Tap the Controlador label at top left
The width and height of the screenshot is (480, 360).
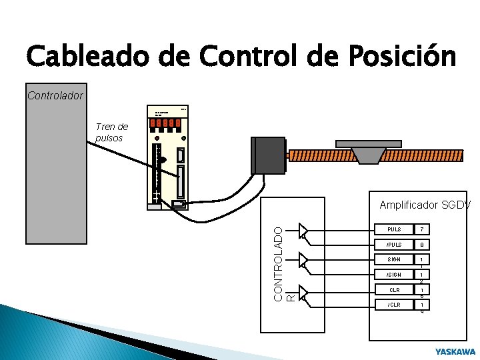click(55, 95)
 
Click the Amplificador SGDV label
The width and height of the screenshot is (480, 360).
click(425, 205)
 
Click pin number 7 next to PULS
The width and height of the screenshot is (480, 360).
click(421, 230)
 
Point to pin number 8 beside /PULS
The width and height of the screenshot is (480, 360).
click(421, 245)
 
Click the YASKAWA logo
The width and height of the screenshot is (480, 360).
click(455, 351)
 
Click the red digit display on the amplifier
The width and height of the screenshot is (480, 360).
click(167, 123)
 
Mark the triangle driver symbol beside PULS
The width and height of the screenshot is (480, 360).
click(304, 230)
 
